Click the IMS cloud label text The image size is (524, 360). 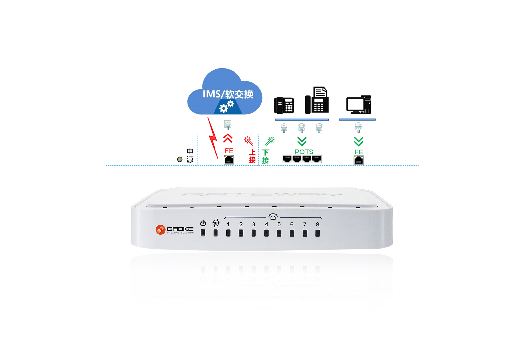(228, 94)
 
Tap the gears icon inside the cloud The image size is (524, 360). (226, 106)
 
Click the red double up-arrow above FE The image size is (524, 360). (228, 138)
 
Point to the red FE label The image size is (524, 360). (229, 151)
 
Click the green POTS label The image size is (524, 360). (304, 152)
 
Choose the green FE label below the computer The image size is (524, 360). (359, 152)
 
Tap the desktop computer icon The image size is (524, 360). (359, 104)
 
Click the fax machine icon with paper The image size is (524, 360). (317, 100)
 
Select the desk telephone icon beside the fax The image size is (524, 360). (284, 105)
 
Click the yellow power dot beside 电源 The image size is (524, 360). (179, 160)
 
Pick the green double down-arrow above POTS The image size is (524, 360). (302, 141)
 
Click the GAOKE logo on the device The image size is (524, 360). (175, 229)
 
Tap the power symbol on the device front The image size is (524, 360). (203, 223)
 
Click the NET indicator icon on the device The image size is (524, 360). (216, 223)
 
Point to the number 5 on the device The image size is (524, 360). (279, 225)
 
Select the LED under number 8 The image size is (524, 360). (317, 233)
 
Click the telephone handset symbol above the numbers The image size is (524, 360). (273, 217)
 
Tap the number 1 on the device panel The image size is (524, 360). (228, 225)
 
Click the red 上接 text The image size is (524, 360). (252, 156)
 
